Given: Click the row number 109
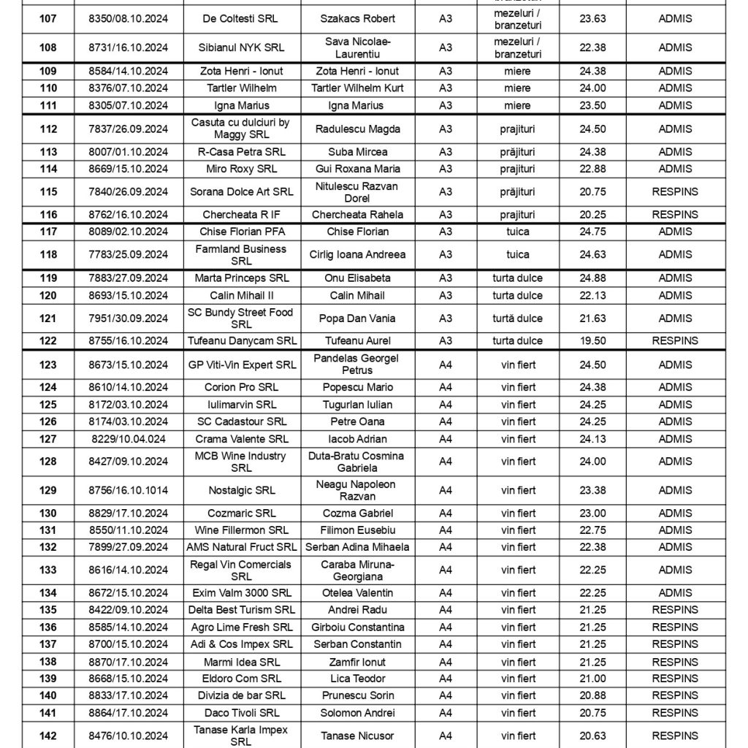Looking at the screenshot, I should tap(48, 72).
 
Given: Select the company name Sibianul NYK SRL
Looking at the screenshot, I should tap(242, 47).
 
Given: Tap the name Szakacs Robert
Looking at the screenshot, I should tap(357, 18).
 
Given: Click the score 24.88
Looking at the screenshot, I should tap(592, 278).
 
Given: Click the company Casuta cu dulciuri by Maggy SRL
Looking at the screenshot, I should tap(242, 129).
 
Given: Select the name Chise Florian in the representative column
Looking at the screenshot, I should tap(357, 232).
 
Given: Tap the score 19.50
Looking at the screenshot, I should tap(592, 340).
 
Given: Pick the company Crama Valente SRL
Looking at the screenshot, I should tap(242, 439).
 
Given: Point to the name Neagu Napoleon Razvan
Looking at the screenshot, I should tap(357, 490).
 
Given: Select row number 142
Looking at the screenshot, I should tap(48, 736).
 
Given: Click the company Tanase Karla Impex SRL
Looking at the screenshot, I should tap(242, 736).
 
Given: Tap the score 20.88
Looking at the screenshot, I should tap(592, 695).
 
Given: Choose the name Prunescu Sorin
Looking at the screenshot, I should tap(357, 695).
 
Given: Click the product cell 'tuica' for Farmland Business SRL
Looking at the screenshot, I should tap(517, 255).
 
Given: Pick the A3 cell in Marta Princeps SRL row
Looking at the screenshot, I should tap(446, 278).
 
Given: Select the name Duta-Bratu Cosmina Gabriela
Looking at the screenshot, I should tap(357, 462).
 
